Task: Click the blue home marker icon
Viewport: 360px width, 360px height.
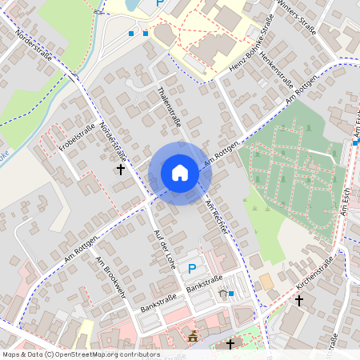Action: tap(179, 173)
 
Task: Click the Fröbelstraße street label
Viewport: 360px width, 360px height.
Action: tap(77, 137)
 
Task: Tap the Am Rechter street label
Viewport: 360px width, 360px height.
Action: tap(216, 217)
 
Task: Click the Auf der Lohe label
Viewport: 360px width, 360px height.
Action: tap(163, 248)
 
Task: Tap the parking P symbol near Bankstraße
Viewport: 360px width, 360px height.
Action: tap(191, 269)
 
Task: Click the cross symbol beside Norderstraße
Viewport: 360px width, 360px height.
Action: tap(121, 169)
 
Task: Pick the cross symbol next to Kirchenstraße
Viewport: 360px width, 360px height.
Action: tap(299, 301)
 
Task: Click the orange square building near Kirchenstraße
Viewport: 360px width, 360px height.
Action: tap(265, 281)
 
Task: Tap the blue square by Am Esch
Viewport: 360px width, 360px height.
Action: tap(354, 142)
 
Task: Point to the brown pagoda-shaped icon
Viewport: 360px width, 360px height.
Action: tap(193, 335)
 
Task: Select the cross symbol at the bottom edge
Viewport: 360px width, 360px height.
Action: tap(230, 344)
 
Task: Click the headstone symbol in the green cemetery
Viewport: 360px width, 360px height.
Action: tap(308, 126)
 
